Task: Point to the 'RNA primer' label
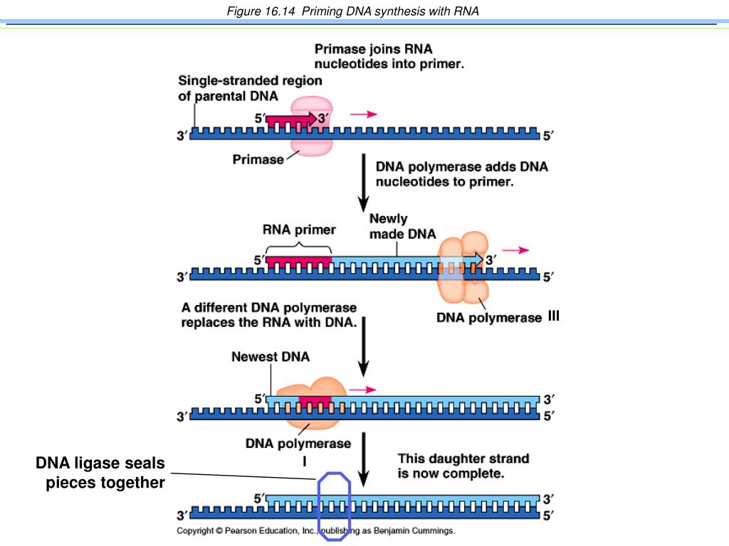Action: click(299, 230)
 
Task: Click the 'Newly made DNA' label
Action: click(403, 226)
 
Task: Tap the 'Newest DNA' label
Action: click(271, 357)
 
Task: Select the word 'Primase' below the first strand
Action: click(258, 160)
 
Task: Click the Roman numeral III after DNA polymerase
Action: click(553, 316)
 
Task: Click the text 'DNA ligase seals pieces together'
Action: click(100, 473)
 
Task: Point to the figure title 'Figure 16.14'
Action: click(261, 11)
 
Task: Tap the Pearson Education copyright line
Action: click(315, 530)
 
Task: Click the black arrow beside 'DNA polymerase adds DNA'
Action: click(364, 183)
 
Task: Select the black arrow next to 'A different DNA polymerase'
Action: click(364, 347)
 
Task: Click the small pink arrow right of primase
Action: click(364, 114)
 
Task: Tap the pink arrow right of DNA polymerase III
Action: click(515, 250)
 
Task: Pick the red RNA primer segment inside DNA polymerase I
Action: click(315, 401)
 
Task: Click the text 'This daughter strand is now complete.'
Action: click(463, 466)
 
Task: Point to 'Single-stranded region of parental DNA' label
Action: click(250, 88)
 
